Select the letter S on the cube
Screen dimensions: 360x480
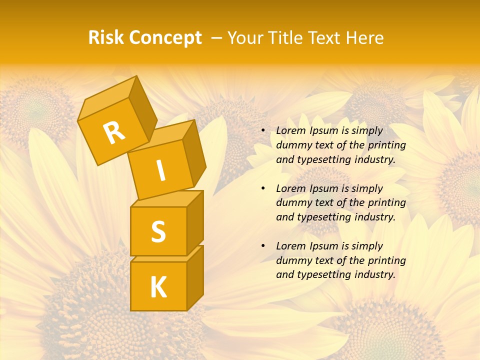pyautogui.click(x=158, y=231)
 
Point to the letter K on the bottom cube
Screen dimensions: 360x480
pyautogui.click(x=158, y=287)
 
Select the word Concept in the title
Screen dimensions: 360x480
pyautogui.click(x=165, y=38)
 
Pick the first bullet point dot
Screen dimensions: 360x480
pyautogui.click(x=263, y=130)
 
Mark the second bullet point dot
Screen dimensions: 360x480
pyautogui.click(x=263, y=188)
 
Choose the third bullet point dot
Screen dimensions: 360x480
pyautogui.click(x=263, y=246)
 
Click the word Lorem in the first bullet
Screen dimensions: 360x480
pyautogui.click(x=290, y=130)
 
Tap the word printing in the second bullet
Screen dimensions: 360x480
pyautogui.click(x=386, y=203)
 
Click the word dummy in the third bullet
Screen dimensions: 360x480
pyautogui.click(x=292, y=260)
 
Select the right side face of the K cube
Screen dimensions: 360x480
pyautogui.click(x=195, y=277)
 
